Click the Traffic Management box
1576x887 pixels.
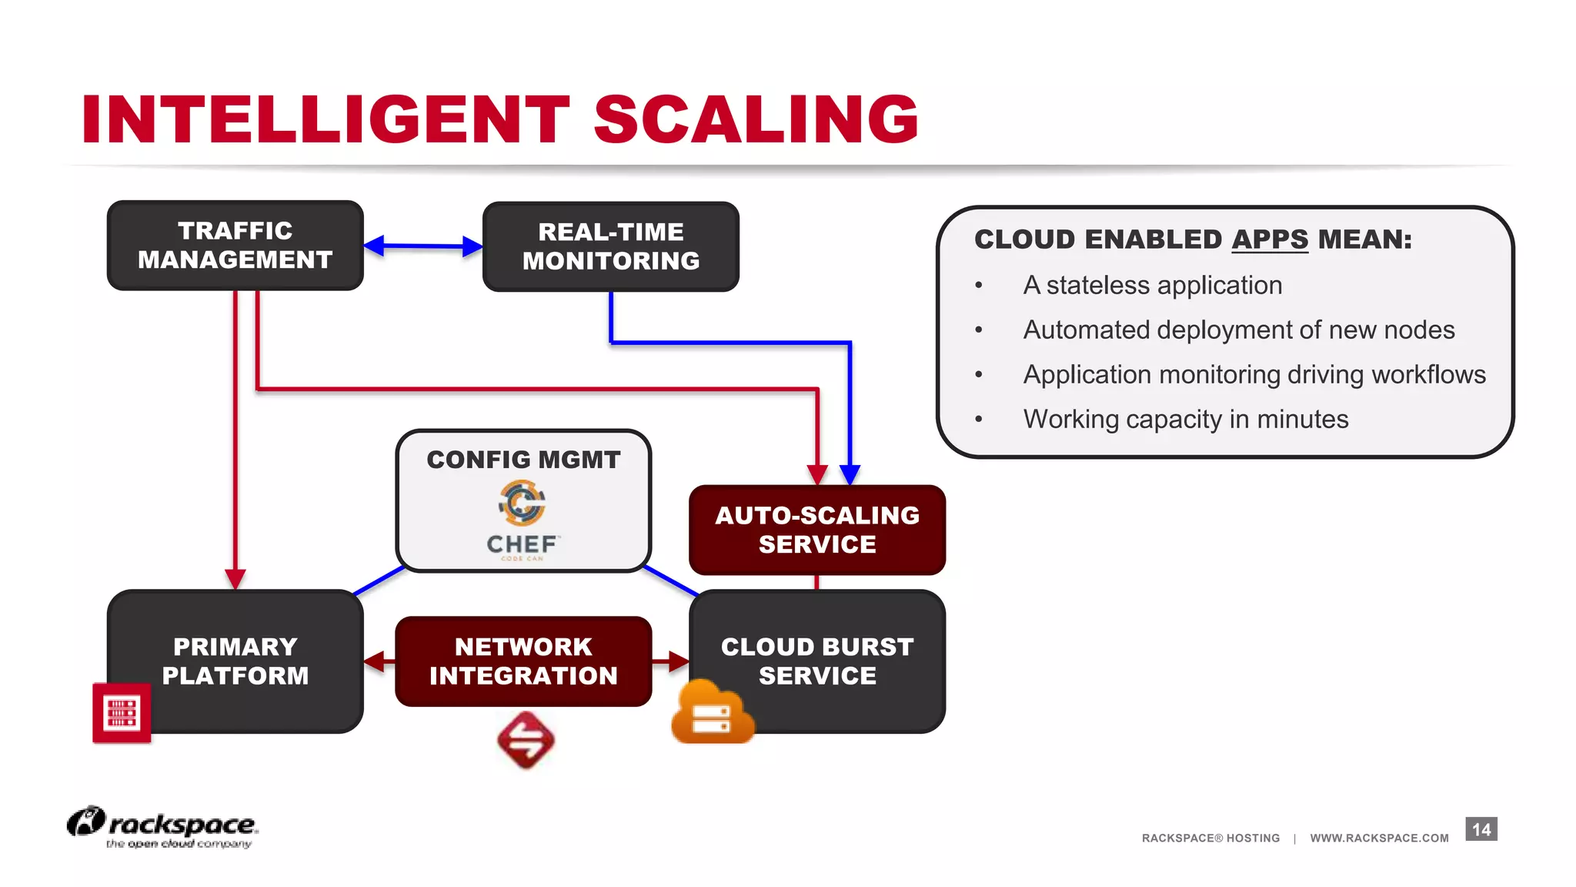click(x=235, y=245)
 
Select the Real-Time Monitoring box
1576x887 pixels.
click(x=610, y=246)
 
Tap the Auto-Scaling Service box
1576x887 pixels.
click(x=816, y=530)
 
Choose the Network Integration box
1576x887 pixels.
click(x=523, y=661)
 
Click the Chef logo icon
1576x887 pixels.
click(x=522, y=504)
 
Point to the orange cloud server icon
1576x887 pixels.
click(x=711, y=714)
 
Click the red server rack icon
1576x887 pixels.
click(x=122, y=712)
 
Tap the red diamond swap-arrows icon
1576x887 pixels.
click(x=526, y=740)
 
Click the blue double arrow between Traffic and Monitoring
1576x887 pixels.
click(x=422, y=246)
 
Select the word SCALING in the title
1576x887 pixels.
click(x=756, y=119)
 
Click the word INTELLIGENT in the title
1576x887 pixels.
click(x=326, y=119)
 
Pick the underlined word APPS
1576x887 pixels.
click(x=1269, y=239)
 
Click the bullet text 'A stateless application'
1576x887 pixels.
click(x=1152, y=286)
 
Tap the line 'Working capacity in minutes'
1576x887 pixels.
click(x=1185, y=420)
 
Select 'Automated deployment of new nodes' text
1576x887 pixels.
click(x=1238, y=330)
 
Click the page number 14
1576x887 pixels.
click(x=1481, y=829)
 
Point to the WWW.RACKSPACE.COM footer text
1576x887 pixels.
click(x=1379, y=838)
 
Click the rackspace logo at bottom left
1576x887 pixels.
click(x=162, y=826)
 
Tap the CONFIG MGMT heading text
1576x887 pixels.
click(x=523, y=460)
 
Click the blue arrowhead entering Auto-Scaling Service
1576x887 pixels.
click(x=850, y=474)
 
